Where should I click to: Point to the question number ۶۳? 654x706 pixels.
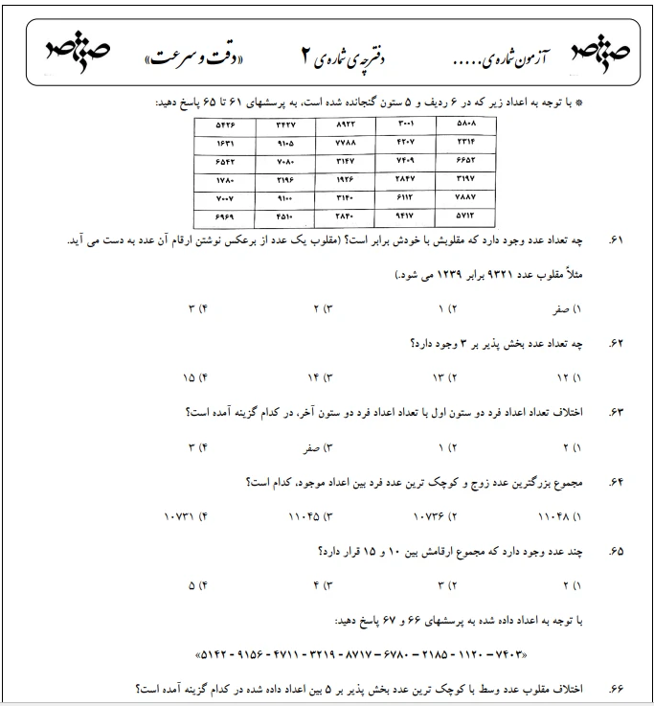click(616, 412)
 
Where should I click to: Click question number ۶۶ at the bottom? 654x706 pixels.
click(616, 689)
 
